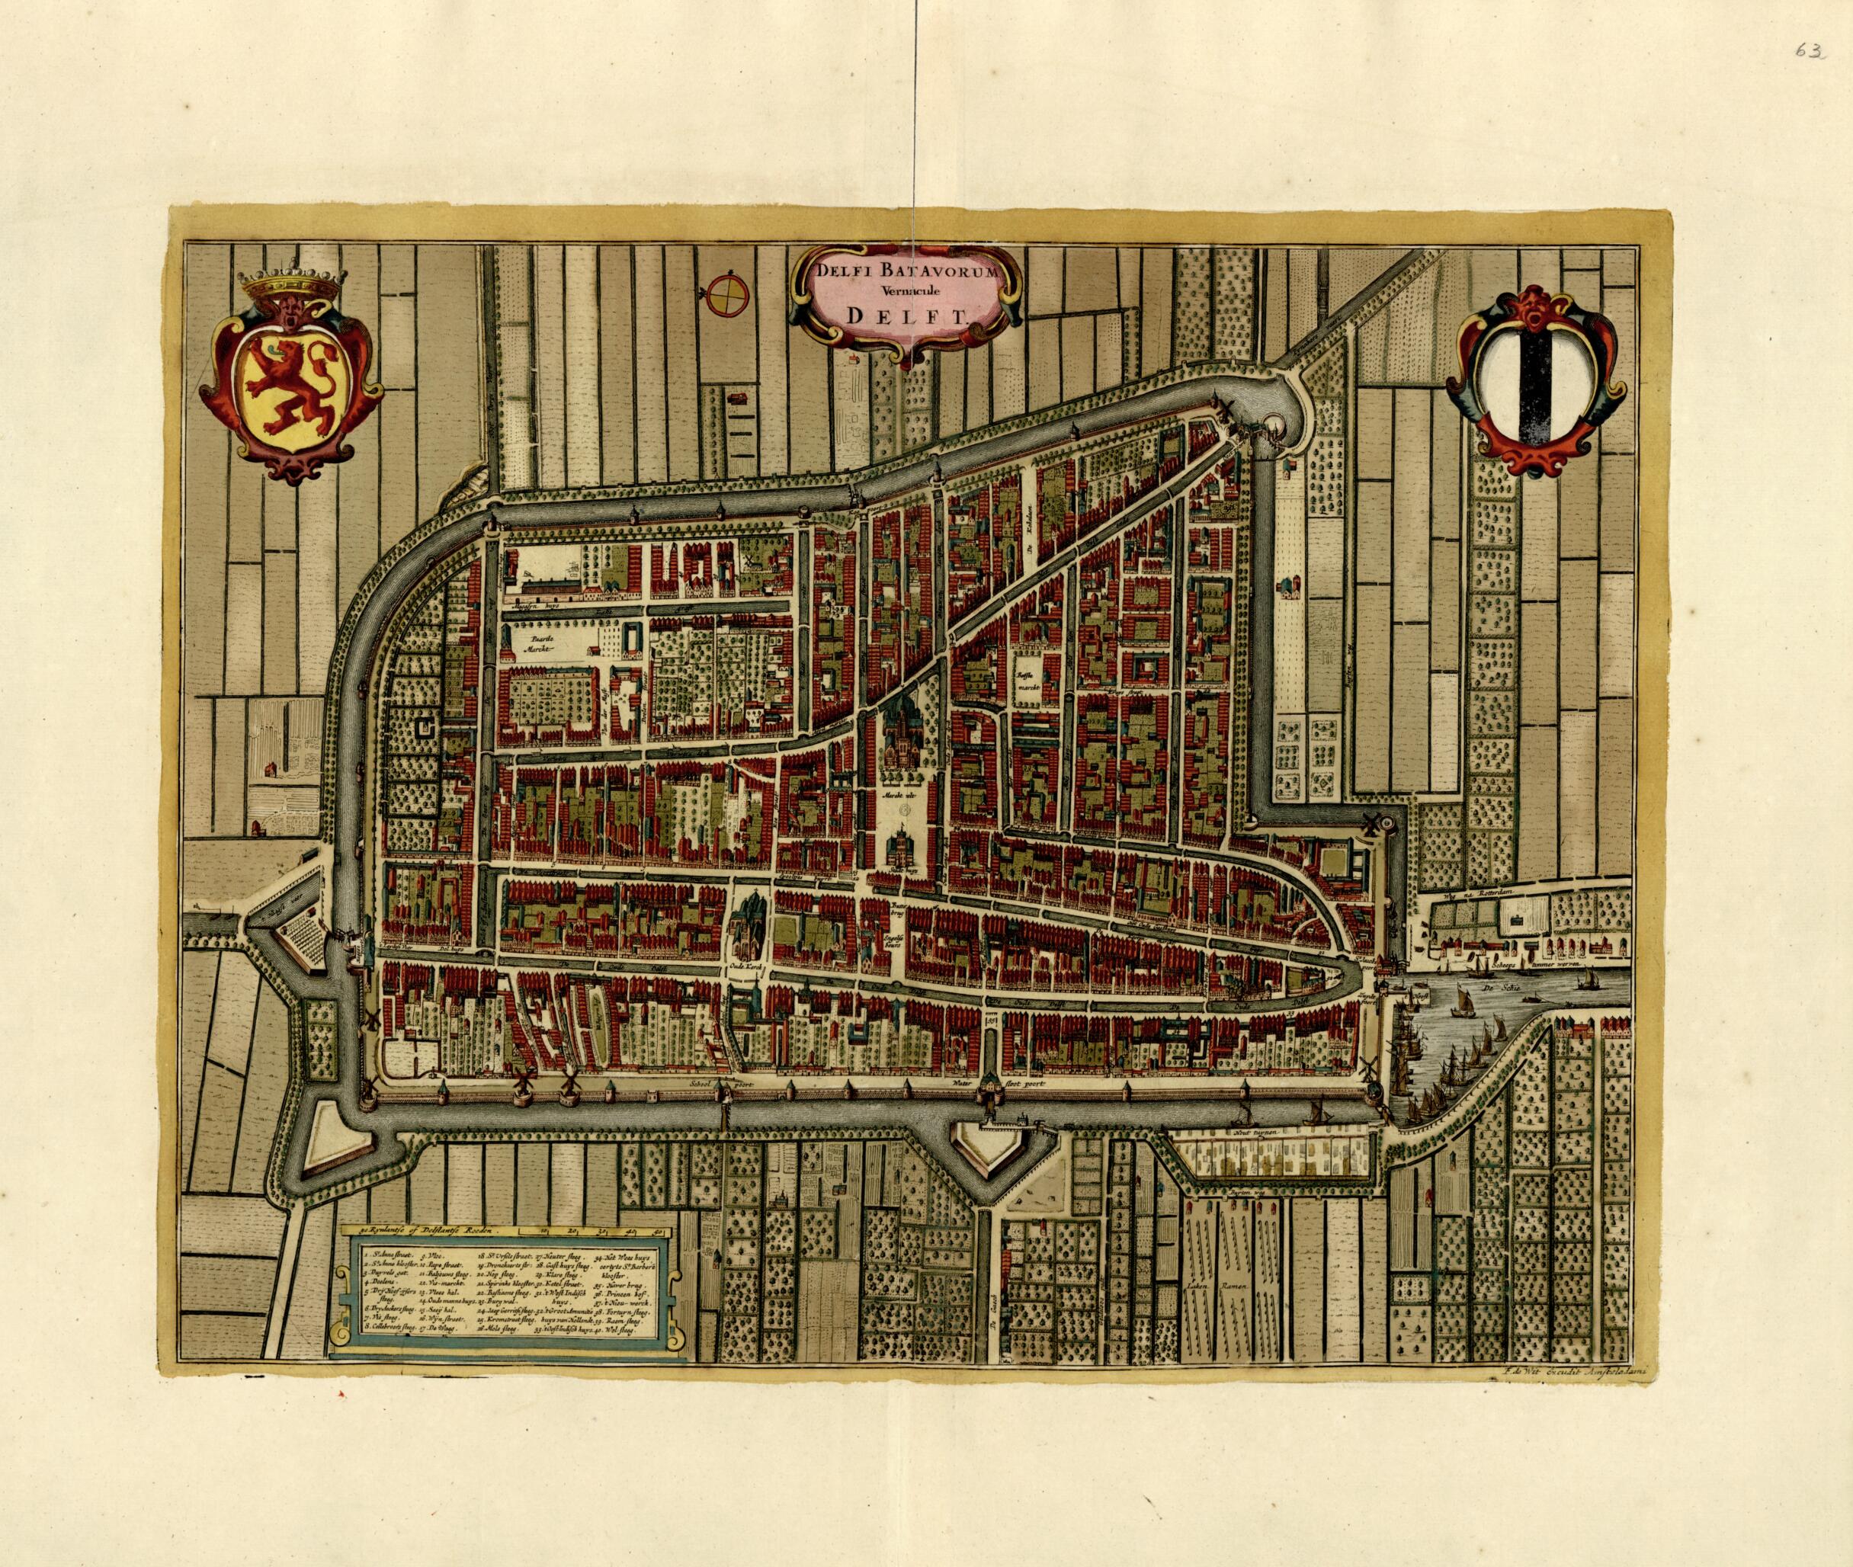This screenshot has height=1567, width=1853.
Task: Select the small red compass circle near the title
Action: (x=727, y=295)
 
